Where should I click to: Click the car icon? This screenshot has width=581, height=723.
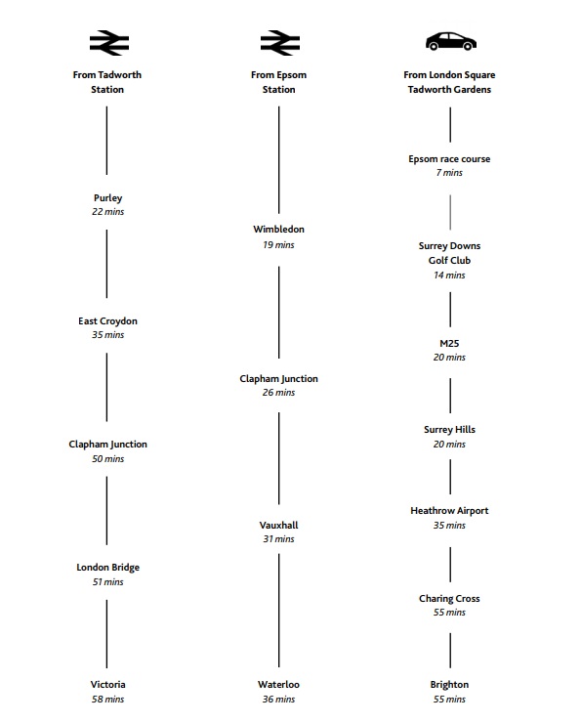pyautogui.click(x=450, y=41)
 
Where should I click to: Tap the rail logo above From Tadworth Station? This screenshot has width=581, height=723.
pyautogui.click(x=109, y=43)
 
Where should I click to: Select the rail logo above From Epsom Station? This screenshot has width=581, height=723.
pyautogui.click(x=280, y=43)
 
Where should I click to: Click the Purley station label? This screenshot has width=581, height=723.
pyautogui.click(x=107, y=197)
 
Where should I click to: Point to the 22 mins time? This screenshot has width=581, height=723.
pyautogui.click(x=107, y=212)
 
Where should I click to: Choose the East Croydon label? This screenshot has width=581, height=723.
pyautogui.click(x=107, y=320)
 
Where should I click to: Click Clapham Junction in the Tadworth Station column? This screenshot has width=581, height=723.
pyautogui.click(x=107, y=444)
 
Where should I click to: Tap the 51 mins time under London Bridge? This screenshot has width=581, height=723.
pyautogui.click(x=107, y=582)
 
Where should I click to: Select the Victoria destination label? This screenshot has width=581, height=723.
pyautogui.click(x=107, y=684)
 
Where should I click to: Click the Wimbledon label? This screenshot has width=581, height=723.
pyautogui.click(x=278, y=230)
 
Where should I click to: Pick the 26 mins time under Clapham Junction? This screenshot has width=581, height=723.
pyautogui.click(x=278, y=393)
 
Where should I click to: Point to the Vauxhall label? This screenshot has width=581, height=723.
pyautogui.click(x=278, y=526)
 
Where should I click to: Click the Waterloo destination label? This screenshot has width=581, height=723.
pyautogui.click(x=278, y=684)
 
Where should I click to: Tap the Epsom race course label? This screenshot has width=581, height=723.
pyautogui.click(x=449, y=159)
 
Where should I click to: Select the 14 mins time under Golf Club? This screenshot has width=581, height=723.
pyautogui.click(x=449, y=276)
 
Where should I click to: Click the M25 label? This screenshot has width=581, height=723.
pyautogui.click(x=449, y=344)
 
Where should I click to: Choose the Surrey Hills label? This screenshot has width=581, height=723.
pyautogui.click(x=449, y=430)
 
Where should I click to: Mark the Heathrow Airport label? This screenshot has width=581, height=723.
pyautogui.click(x=449, y=511)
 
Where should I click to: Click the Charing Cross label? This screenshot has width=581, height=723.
pyautogui.click(x=449, y=599)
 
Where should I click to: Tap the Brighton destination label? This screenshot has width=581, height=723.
pyautogui.click(x=449, y=685)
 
